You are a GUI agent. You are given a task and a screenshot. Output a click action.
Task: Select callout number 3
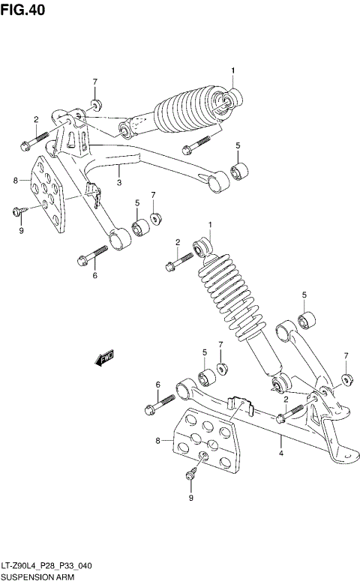point(118,181)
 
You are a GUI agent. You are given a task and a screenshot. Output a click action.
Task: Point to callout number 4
point(280,453)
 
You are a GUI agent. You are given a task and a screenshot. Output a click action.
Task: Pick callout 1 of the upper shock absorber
point(232,71)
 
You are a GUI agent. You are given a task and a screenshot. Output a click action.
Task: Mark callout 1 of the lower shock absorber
point(211,225)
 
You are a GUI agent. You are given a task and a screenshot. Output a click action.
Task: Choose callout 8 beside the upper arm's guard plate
point(15,181)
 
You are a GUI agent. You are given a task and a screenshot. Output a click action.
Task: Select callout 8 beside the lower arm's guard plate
point(158,441)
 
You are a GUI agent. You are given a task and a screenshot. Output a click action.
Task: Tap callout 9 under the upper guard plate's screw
point(22,230)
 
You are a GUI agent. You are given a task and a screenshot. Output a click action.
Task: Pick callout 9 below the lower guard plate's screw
point(190,498)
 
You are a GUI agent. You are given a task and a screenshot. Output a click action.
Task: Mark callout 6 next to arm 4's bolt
point(157,385)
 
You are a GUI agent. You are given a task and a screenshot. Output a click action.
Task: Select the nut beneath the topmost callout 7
point(96,103)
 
